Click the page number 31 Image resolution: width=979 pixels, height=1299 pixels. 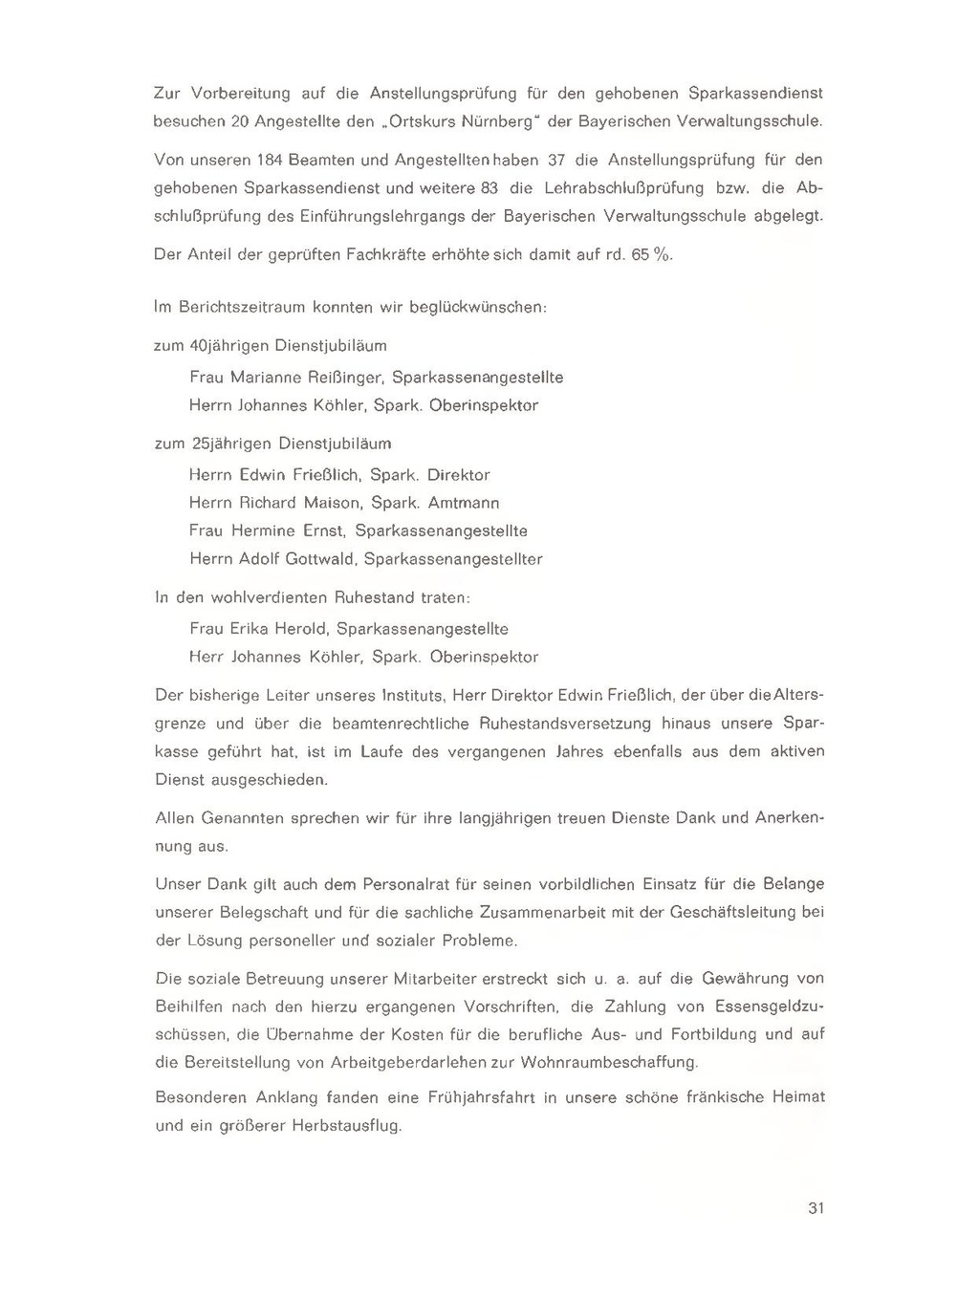816,1208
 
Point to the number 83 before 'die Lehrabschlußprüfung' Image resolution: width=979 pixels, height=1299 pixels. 489,187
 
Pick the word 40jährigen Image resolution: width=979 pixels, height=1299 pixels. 229,345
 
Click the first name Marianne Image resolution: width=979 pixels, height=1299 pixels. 266,378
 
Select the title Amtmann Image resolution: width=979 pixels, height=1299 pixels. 464,503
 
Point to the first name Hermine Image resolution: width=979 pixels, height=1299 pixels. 264,530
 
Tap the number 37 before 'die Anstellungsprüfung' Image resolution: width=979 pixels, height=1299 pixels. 555,160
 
